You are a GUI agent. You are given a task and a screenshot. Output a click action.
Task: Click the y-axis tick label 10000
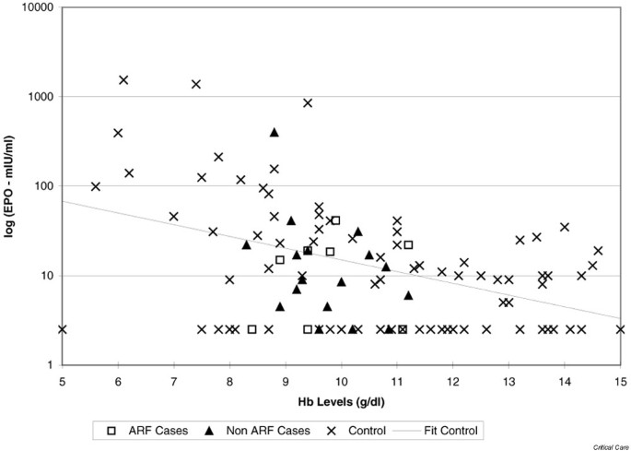click(39, 7)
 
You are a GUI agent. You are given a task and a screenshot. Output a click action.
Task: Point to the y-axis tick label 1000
click(41, 97)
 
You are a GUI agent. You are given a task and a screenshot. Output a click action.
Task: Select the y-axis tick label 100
click(44, 186)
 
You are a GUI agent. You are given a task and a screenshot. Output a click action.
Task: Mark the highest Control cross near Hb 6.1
click(123, 80)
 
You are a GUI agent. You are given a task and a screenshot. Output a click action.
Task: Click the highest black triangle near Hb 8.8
click(275, 132)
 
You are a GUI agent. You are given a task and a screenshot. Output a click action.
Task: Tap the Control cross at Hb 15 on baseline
click(620, 329)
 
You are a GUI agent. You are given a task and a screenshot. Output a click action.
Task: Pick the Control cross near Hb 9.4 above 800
click(308, 102)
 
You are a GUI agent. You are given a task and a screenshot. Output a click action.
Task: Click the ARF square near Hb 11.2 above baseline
click(408, 244)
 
